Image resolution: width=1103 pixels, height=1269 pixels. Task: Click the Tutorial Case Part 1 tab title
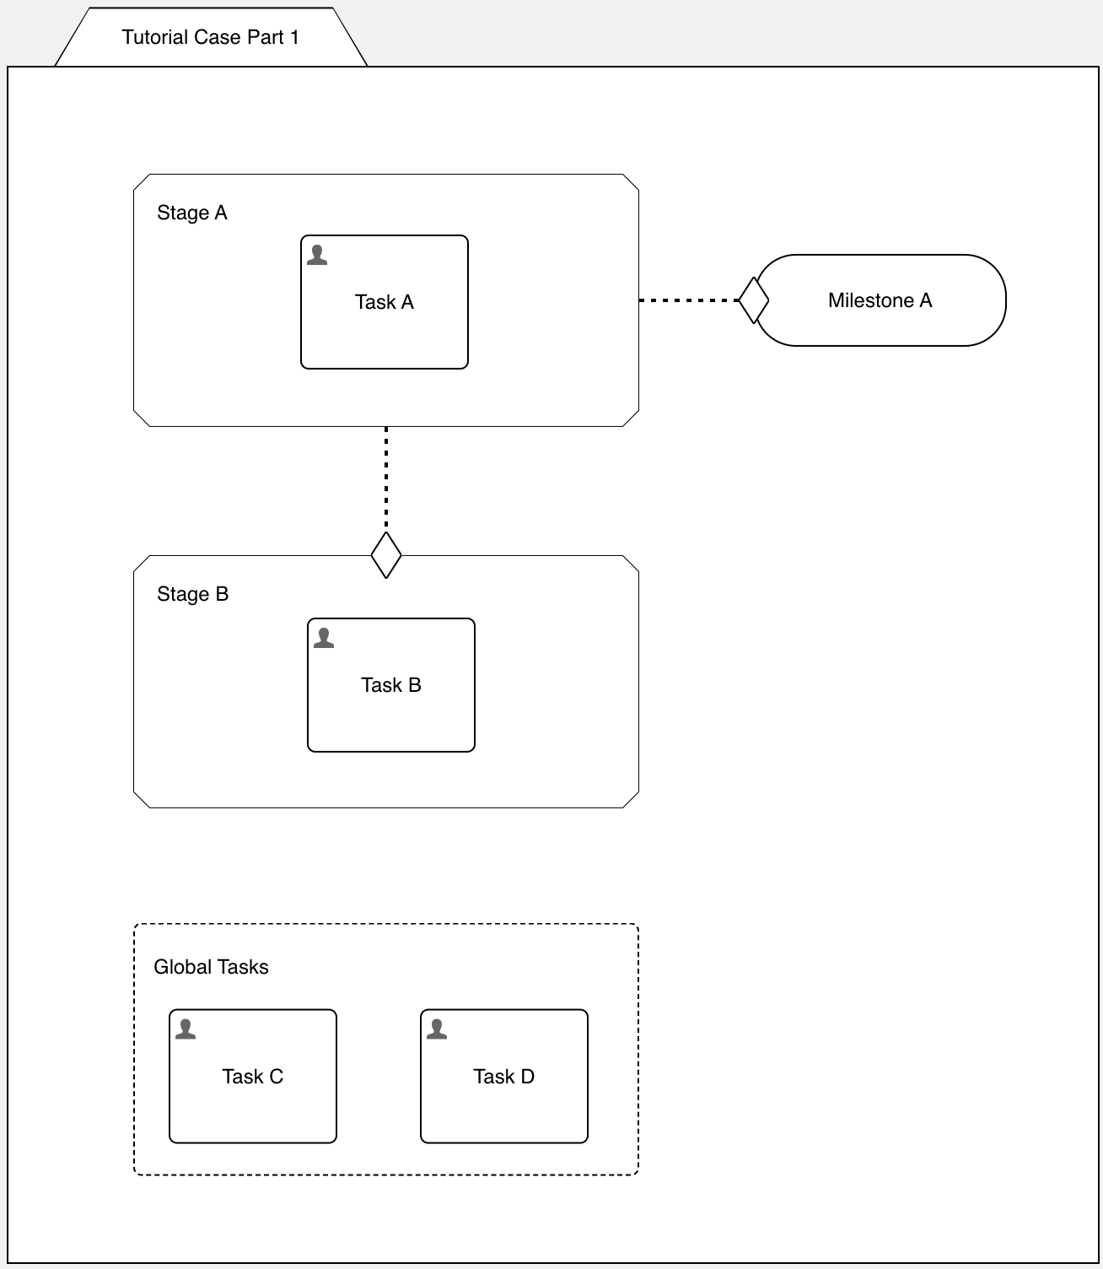point(210,37)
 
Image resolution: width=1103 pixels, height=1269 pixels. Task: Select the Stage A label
point(191,213)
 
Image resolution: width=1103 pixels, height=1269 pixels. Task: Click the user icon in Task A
point(317,255)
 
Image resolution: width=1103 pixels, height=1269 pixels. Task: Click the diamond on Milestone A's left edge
point(753,300)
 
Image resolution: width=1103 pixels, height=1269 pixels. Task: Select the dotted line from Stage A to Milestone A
point(687,300)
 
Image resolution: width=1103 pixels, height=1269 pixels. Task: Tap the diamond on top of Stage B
point(386,555)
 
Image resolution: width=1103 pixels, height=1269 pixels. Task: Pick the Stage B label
point(192,594)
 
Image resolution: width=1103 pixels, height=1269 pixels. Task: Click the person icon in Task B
point(324,638)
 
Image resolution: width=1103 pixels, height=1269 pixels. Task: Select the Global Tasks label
point(211,967)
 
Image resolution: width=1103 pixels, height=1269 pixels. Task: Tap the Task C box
point(253,1110)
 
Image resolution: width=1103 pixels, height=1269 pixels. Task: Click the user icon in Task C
point(186,1029)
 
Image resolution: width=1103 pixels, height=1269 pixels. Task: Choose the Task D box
point(504,1110)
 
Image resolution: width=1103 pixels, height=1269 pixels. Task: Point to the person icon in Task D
point(437,1029)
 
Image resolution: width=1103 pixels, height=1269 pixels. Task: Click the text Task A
point(385,302)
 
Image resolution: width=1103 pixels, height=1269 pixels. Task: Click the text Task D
point(504,1077)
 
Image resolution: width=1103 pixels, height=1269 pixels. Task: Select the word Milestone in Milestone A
point(870,300)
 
